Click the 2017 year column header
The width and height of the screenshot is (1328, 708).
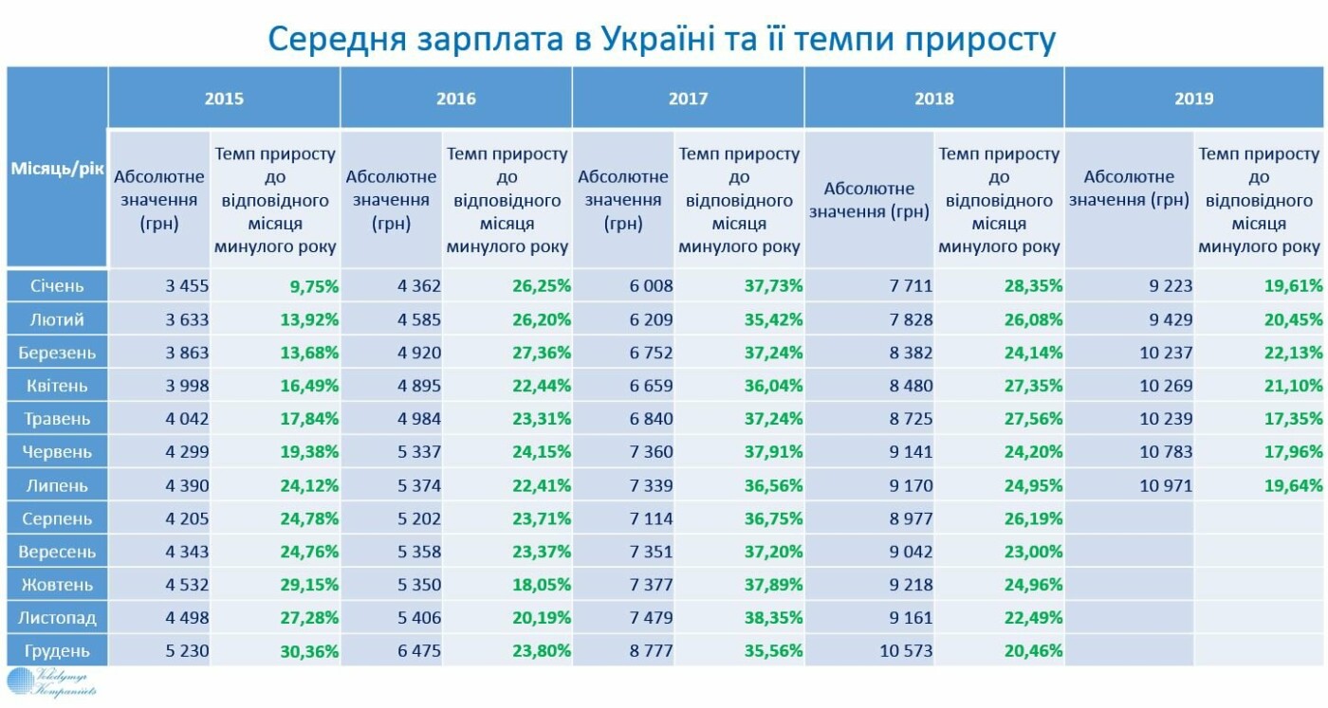pos(688,99)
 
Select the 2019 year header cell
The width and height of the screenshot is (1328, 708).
pos(1193,99)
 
